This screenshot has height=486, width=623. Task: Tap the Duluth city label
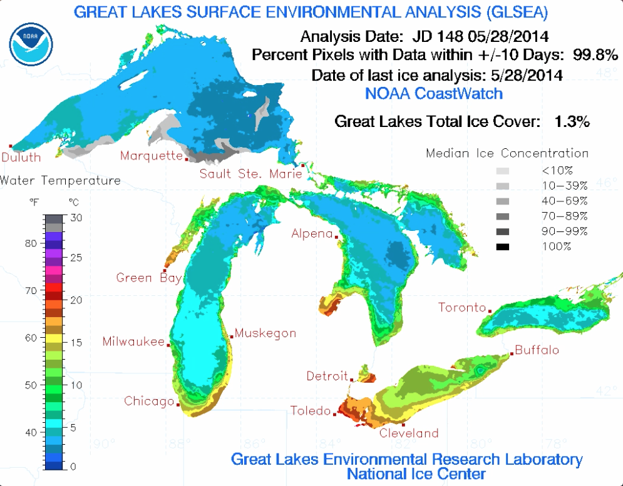[21, 158]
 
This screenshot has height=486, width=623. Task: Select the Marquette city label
[150, 156]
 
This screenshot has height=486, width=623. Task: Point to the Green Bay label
[148, 277]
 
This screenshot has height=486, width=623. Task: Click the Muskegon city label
[265, 333]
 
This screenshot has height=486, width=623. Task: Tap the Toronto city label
[462, 307]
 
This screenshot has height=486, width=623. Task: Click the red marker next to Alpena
[337, 237]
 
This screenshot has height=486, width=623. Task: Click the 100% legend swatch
[504, 246]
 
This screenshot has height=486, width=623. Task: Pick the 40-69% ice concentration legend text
[564, 201]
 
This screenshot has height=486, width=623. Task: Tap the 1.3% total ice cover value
[572, 121]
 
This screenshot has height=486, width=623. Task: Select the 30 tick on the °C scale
[76, 217]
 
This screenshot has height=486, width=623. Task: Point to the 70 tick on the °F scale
[31, 290]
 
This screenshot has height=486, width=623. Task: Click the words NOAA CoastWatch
[433, 94]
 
